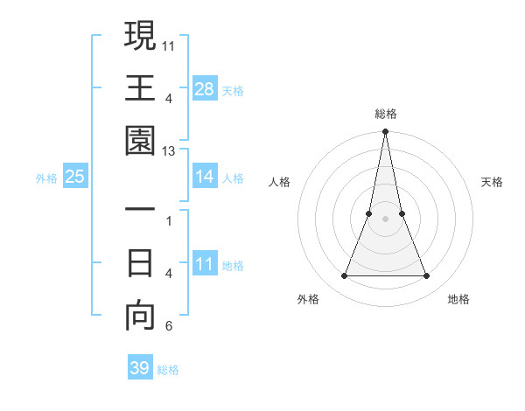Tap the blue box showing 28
[205, 88]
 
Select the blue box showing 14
[205, 177]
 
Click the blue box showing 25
[75, 177]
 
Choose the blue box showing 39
[140, 368]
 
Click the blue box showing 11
[205, 264]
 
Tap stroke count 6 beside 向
[169, 327]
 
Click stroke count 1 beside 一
[169, 221]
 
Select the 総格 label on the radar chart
[386, 114]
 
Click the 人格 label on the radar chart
[280, 182]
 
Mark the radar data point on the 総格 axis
[386, 132]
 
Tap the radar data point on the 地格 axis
[427, 276]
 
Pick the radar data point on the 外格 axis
[344, 276]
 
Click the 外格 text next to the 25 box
[46, 178]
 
